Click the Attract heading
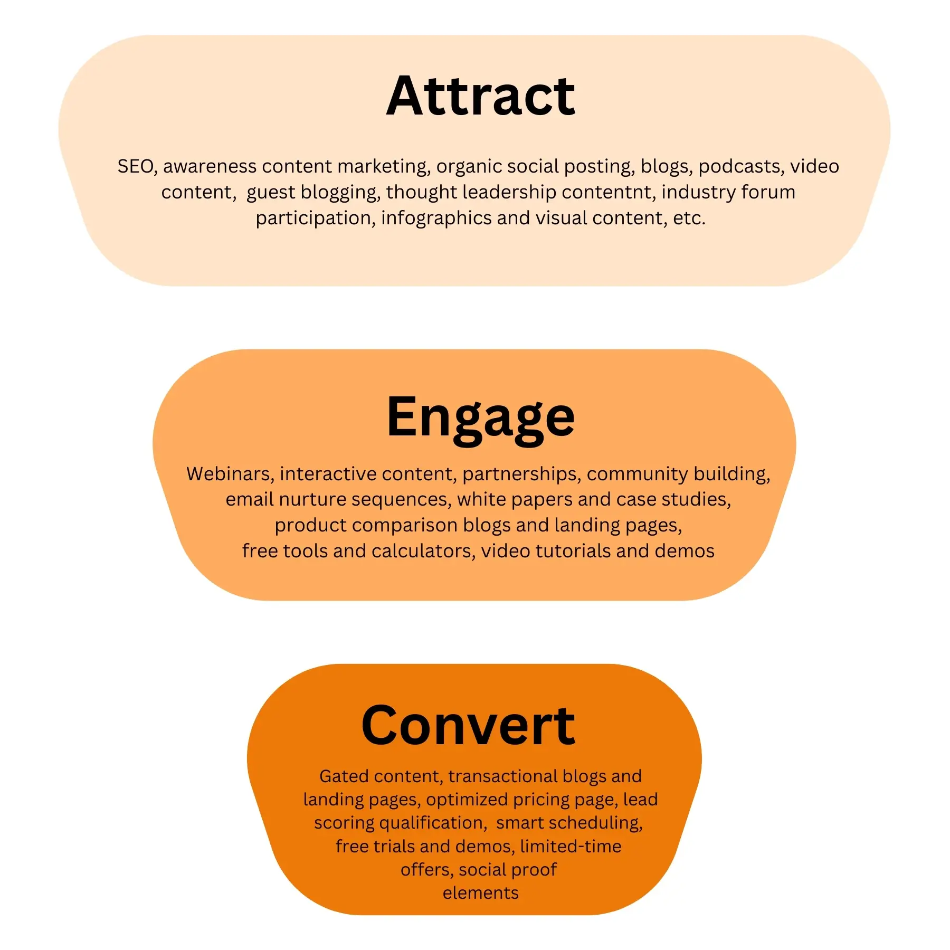pos(480,96)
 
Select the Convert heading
pos(468,726)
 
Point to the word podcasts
pos(740,166)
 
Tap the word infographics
pos(436,218)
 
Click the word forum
pos(768,192)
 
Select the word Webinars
pos(229,474)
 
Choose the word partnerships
pos(520,474)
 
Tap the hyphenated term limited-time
pos(571,846)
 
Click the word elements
pos(480,893)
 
